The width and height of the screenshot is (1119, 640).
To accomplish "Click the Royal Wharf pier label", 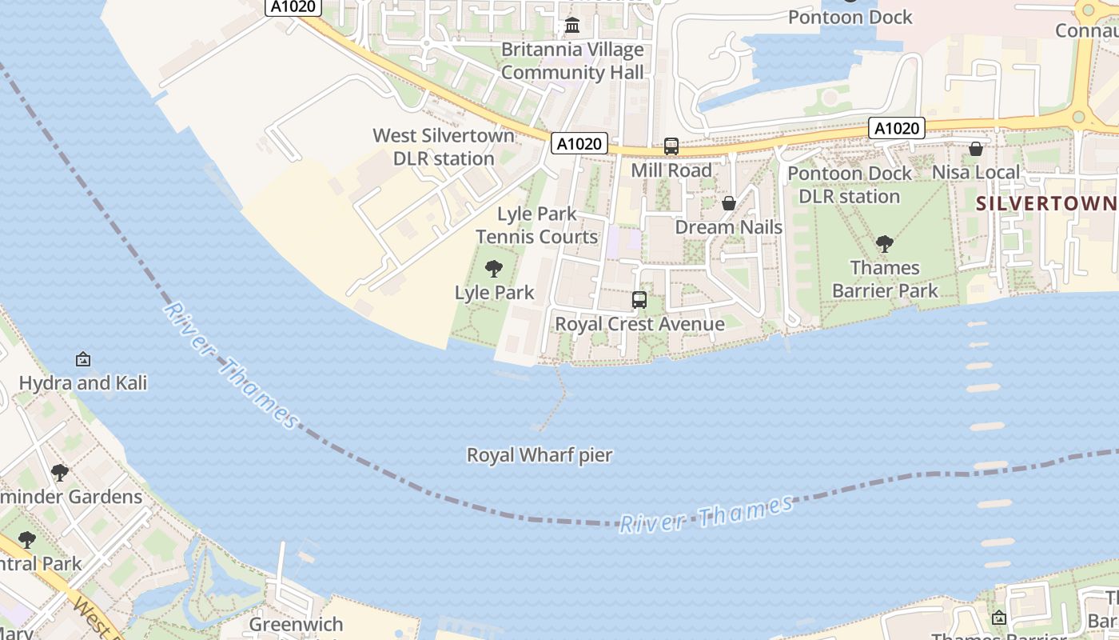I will (540, 455).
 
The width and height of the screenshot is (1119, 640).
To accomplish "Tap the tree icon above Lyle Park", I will (494, 269).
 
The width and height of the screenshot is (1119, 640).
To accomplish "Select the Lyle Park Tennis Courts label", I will (537, 226).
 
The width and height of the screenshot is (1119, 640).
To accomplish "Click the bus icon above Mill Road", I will (671, 146).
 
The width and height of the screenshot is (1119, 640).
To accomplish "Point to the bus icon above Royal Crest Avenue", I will (639, 300).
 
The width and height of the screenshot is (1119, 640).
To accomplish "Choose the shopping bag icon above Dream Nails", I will (729, 203).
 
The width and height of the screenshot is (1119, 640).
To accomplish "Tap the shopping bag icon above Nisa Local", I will (976, 149).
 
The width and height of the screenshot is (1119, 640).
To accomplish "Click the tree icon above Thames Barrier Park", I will (885, 243).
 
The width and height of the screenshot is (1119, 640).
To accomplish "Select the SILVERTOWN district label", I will (1046, 203).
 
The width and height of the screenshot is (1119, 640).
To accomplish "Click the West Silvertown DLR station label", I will (444, 147).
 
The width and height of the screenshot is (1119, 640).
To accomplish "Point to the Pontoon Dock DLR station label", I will (850, 185).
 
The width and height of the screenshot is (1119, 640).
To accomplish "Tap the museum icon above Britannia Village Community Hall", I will (572, 26).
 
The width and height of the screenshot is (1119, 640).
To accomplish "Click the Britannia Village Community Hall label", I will (572, 61).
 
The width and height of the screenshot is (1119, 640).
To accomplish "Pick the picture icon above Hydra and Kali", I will (83, 359).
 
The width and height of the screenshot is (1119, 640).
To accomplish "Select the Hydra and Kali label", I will (83, 383).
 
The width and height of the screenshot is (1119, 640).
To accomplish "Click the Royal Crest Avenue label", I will (639, 324).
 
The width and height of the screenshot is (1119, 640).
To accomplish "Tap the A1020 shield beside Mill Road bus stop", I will (579, 144).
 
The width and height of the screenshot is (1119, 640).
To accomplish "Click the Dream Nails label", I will (729, 227).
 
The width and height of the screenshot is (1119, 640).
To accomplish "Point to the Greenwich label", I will (297, 624).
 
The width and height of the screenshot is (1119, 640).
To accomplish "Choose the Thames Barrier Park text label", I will (885, 278).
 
